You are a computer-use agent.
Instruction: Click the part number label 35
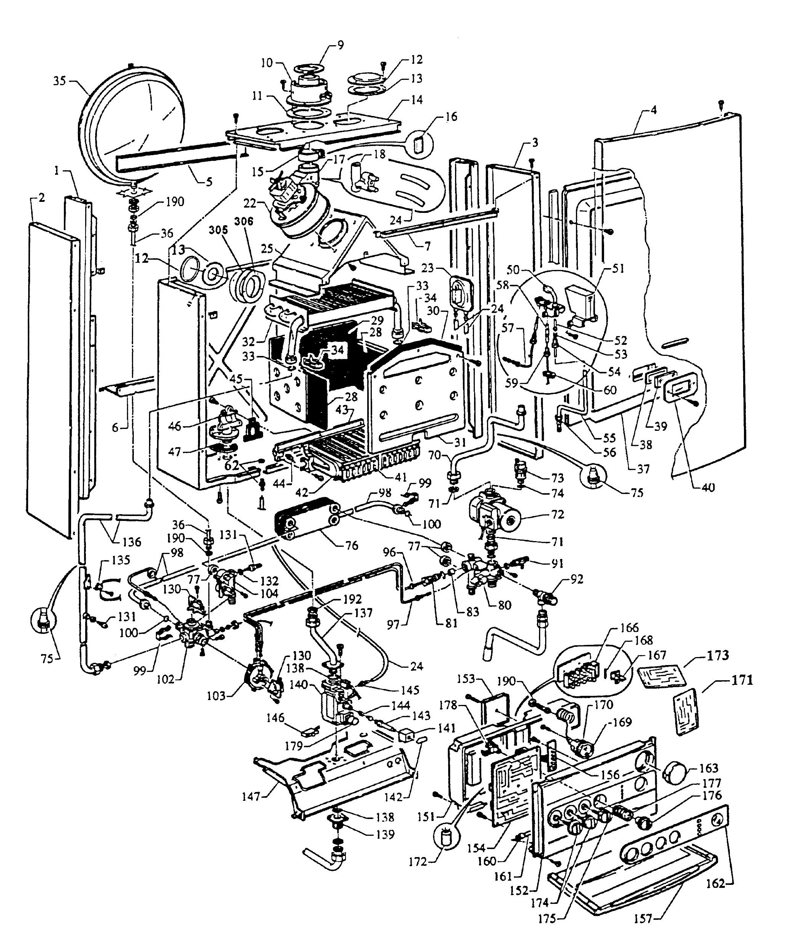[x=59, y=81]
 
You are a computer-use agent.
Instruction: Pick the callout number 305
[x=219, y=230]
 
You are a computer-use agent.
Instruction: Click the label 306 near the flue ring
[x=244, y=222]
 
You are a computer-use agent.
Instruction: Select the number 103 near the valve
[x=216, y=696]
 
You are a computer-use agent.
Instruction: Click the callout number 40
[x=707, y=487]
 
